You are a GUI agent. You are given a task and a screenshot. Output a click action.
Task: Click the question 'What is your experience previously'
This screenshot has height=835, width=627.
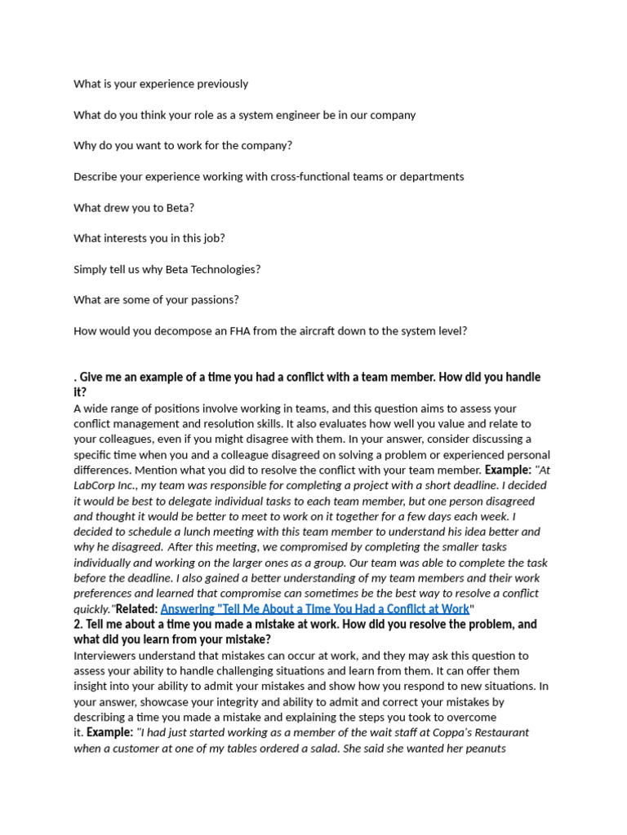(x=161, y=84)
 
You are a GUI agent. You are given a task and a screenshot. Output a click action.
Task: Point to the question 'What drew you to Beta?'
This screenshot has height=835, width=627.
(x=134, y=208)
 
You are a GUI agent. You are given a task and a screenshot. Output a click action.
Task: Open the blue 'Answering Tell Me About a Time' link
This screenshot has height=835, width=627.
(x=314, y=609)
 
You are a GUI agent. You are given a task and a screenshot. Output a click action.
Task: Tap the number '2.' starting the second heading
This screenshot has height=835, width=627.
(x=78, y=625)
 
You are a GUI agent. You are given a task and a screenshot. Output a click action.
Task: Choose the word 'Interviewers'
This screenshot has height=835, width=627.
(x=107, y=656)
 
